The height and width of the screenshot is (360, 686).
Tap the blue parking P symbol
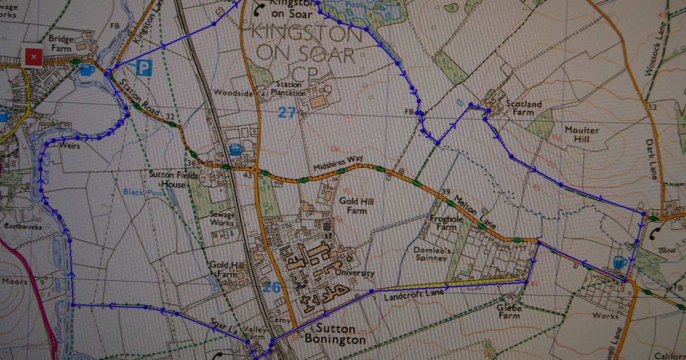pyautogui.click(x=144, y=69)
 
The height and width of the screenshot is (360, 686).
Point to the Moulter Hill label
pyautogui.click(x=581, y=135)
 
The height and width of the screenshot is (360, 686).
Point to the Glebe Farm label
pyautogui.click(x=509, y=312)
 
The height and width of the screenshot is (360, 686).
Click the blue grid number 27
pyautogui.click(x=286, y=112)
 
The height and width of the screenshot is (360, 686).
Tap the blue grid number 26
pyautogui.click(x=272, y=286)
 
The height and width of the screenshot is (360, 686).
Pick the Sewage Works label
pyautogui.click(x=222, y=219)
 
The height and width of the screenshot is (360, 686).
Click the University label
pyautogui.click(x=354, y=273)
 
